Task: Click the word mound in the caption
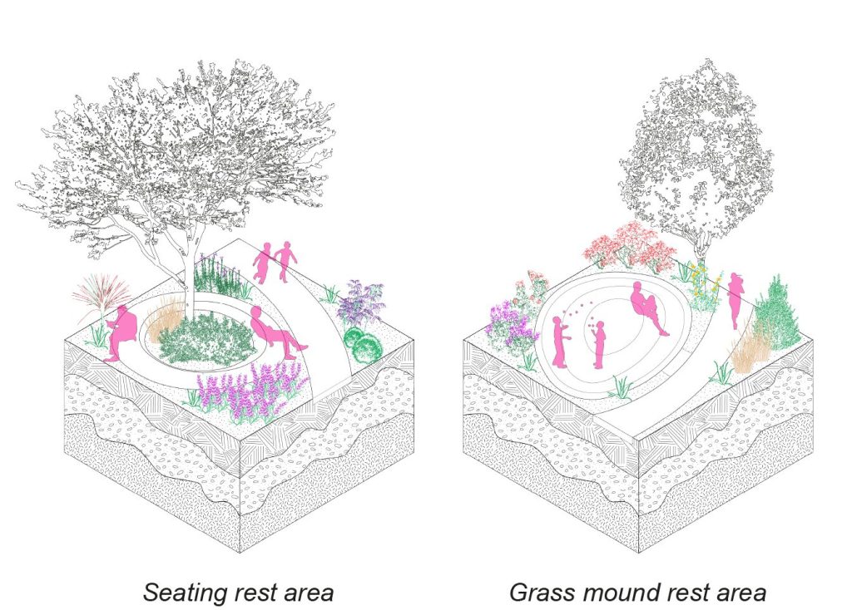623,592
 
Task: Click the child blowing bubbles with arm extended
560,342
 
